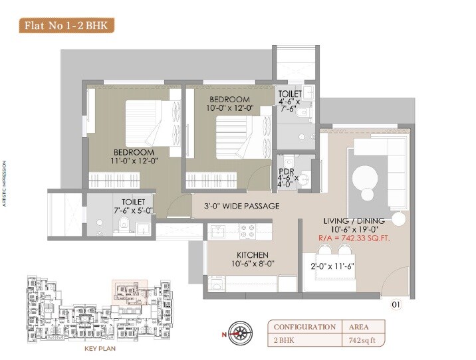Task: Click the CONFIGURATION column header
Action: pos(304,327)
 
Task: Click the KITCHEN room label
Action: pos(253,255)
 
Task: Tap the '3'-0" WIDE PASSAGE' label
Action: pos(241,206)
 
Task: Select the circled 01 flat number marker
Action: pos(396,305)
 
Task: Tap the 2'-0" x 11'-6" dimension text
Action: pos(333,266)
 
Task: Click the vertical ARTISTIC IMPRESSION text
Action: pos(4,183)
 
